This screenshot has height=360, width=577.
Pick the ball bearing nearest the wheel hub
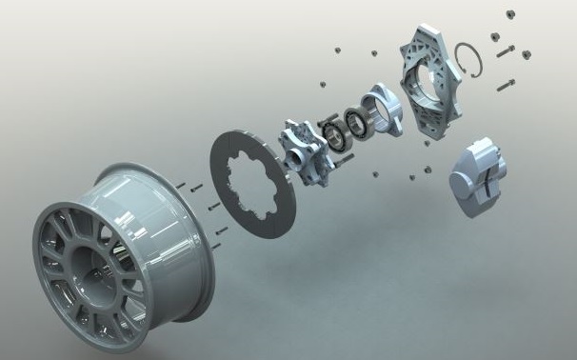pos(334,135)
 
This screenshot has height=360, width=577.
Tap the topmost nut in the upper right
pos(496,11)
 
